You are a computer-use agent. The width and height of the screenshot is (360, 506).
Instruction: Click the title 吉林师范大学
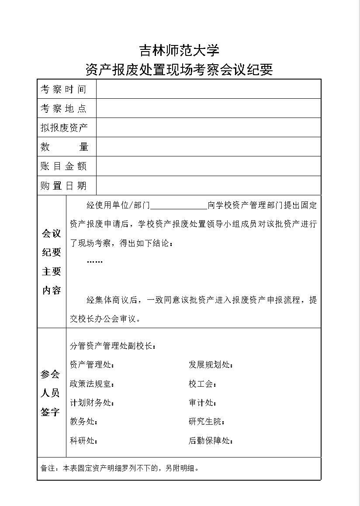tap(179, 50)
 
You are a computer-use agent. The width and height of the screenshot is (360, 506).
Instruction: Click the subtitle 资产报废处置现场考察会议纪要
tap(179, 69)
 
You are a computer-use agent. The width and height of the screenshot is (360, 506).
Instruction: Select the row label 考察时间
tap(64, 89)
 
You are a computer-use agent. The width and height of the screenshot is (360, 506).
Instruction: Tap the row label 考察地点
tap(64, 108)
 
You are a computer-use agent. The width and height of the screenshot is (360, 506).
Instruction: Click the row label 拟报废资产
tap(64, 128)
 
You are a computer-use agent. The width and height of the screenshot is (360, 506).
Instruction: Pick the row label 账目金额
tap(64, 166)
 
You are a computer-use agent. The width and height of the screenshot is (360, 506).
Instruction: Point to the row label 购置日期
tap(64, 186)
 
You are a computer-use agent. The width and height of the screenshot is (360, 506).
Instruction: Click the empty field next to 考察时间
tap(208, 89)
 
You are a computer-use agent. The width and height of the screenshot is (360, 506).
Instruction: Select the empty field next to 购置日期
tap(208, 186)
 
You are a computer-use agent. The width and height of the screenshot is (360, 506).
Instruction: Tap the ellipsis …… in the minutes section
tap(95, 261)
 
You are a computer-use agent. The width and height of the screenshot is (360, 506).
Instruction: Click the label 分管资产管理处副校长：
tap(113, 346)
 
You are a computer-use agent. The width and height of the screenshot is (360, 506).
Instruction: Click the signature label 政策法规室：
tap(92, 384)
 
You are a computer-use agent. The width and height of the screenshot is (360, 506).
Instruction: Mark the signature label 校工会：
tap(203, 384)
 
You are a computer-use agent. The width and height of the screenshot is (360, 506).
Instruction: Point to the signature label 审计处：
tap(203, 403)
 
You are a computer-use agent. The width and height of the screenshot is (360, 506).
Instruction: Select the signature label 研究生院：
tap(207, 422)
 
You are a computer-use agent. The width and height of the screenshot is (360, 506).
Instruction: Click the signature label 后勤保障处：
tap(211, 441)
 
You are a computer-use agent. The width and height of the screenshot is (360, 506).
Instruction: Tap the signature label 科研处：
tap(84, 441)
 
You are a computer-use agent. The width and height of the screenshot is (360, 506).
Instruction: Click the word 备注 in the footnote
tap(47, 468)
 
